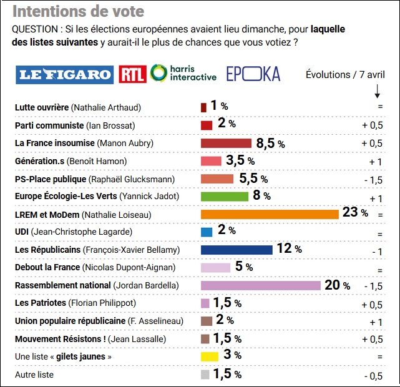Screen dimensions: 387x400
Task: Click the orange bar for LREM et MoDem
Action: click(270, 214)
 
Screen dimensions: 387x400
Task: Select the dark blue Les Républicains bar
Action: click(237, 250)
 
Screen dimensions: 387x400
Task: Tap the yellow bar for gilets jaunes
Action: click(209, 356)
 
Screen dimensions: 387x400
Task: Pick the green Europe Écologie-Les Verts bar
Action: click(225, 197)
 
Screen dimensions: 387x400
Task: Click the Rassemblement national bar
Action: click(260, 285)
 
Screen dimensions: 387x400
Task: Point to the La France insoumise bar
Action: click(226, 143)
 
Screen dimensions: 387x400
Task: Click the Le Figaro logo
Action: click(65, 74)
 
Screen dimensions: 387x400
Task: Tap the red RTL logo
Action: click(133, 74)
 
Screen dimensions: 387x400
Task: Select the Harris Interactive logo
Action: click(184, 74)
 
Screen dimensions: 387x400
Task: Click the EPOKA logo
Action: click(253, 74)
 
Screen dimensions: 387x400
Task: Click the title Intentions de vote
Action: click(78, 11)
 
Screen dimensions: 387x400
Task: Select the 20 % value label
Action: click(337, 285)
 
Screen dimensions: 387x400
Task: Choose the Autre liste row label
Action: click(34, 375)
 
